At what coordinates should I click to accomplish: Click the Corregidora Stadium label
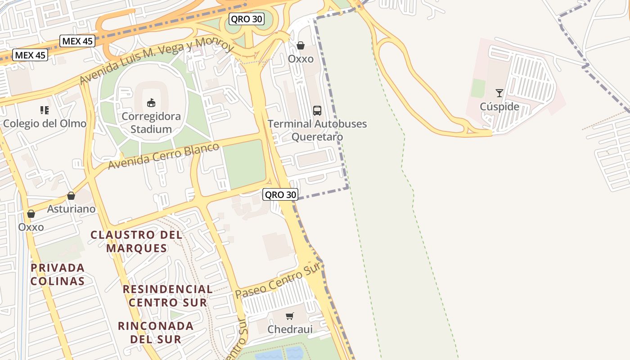click(151, 123)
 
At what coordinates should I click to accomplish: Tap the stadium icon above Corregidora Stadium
click(151, 103)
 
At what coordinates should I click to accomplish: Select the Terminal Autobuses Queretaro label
click(317, 130)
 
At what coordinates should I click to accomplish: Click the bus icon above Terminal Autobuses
click(317, 110)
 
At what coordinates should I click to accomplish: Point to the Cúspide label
click(499, 107)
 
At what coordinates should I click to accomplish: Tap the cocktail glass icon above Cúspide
click(499, 93)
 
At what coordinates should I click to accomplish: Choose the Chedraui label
click(290, 329)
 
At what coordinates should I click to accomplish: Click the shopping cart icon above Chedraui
click(290, 316)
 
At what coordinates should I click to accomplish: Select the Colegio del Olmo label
click(45, 123)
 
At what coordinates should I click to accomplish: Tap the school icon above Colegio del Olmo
click(45, 110)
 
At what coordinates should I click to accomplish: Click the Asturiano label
click(71, 209)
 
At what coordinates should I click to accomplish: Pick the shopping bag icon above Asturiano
click(71, 196)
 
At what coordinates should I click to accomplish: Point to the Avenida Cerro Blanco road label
click(164, 156)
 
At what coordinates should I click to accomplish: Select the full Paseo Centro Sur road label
click(278, 281)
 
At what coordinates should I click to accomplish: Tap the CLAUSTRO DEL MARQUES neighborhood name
click(136, 241)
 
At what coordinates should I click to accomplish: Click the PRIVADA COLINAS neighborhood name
click(58, 274)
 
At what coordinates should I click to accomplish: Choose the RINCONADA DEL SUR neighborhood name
click(156, 332)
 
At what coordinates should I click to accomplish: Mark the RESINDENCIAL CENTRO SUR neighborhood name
click(168, 296)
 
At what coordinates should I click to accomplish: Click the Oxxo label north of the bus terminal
click(301, 59)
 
